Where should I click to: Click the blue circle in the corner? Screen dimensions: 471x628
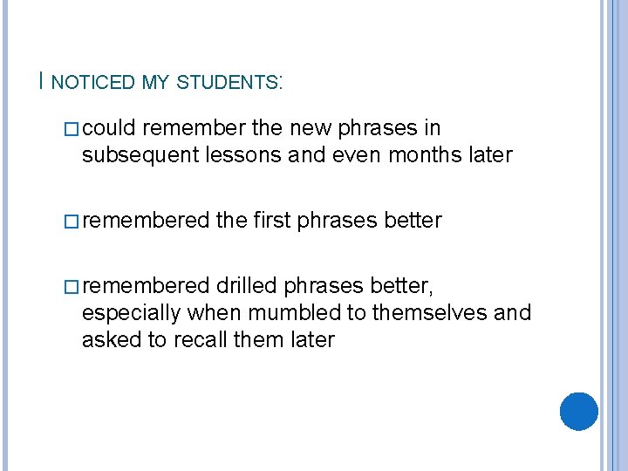pos(578,411)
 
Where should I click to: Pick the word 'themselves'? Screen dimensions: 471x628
pos(437,313)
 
